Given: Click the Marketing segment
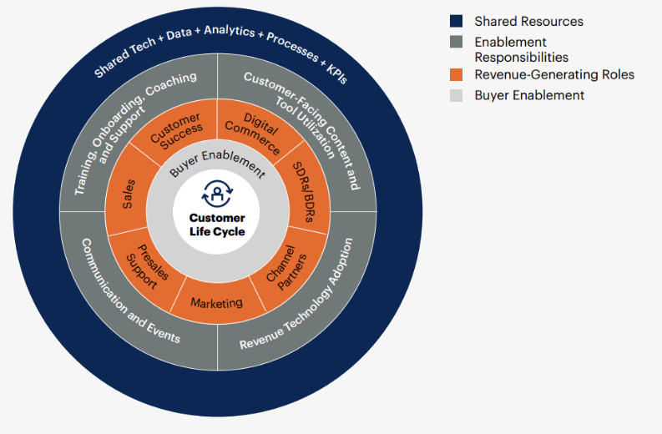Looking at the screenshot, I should (215, 303).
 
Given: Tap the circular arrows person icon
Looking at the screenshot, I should (217, 195).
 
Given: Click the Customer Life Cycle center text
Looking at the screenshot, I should (217, 225).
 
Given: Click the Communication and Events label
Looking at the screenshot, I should (130, 292).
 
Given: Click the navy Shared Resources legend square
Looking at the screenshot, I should (456, 21).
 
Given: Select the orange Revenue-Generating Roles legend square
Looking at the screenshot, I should (456, 75).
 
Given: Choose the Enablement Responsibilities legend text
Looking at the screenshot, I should (521, 49).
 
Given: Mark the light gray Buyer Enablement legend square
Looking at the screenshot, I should (456, 95).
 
